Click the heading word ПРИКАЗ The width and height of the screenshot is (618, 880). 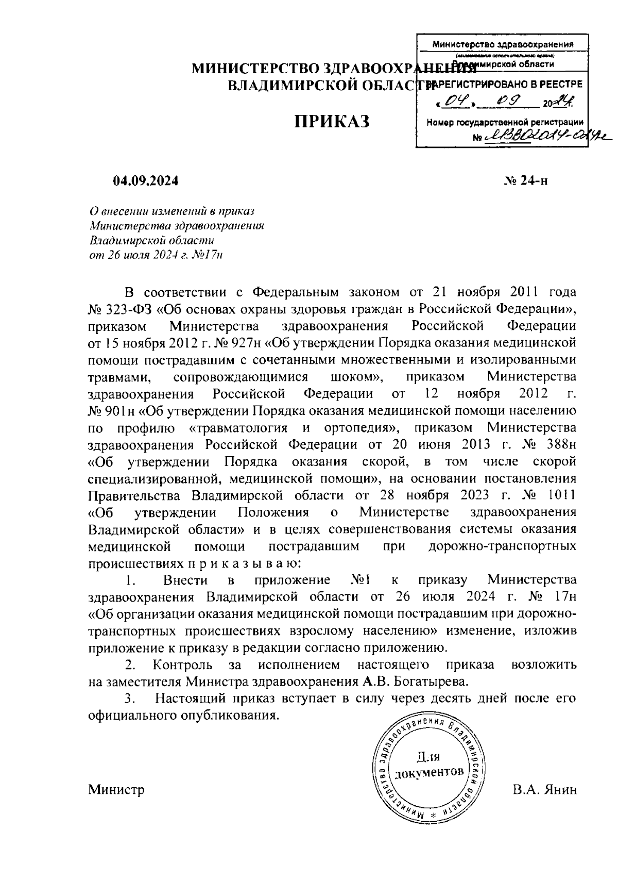tap(332, 122)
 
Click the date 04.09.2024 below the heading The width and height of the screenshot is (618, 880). tap(146, 181)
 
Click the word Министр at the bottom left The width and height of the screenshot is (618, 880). tap(116, 789)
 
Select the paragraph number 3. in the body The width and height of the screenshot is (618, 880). tap(130, 699)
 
